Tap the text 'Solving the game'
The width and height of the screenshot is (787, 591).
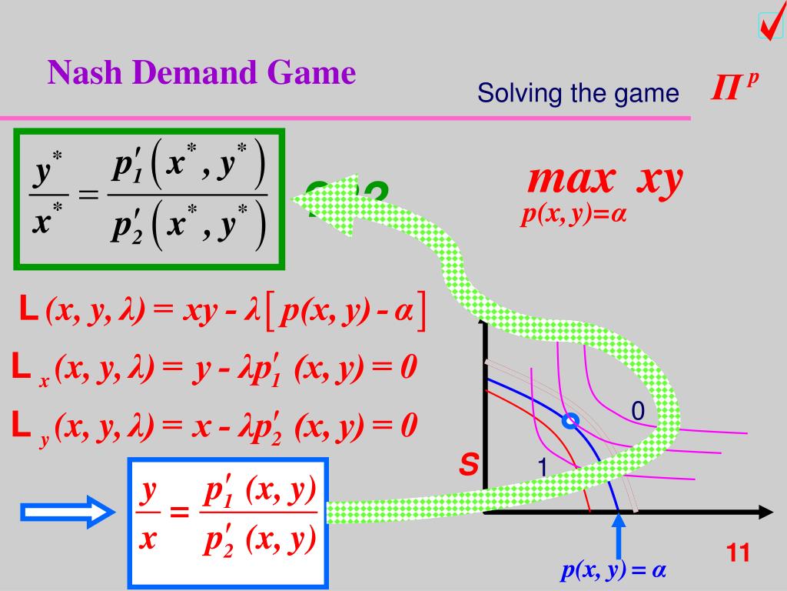[578, 94]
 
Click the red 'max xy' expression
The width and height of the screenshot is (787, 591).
[605, 180]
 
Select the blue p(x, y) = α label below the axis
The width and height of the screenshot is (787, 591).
[613, 570]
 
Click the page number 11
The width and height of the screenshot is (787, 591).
[738, 553]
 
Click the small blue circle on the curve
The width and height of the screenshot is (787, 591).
[569, 421]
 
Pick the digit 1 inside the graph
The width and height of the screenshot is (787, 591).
[541, 467]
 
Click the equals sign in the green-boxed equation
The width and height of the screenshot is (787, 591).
[89, 195]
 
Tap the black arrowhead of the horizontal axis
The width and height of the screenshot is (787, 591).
[765, 512]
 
